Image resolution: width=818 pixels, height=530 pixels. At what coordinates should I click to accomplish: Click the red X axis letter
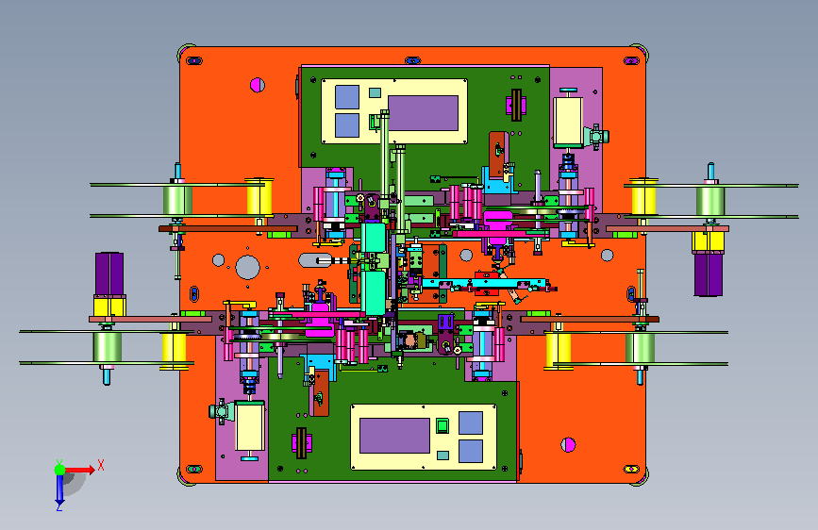pos(101,465)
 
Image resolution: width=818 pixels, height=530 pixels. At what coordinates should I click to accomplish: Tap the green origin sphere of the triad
pos(60,470)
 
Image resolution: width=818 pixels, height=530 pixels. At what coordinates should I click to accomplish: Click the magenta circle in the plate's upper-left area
pos(258,85)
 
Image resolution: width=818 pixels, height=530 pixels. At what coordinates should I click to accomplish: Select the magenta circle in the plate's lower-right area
pos(568,445)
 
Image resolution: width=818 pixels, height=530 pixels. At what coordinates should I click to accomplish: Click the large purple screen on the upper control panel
pos(423,113)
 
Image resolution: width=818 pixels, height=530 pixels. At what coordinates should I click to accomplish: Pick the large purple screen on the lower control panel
pos(395,436)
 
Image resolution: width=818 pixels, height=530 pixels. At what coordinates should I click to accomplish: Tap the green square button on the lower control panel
pos(442,425)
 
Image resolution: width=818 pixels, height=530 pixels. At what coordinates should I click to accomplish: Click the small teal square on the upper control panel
pos(375,92)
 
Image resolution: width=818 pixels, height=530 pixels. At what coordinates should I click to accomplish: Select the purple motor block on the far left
pos(109,273)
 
